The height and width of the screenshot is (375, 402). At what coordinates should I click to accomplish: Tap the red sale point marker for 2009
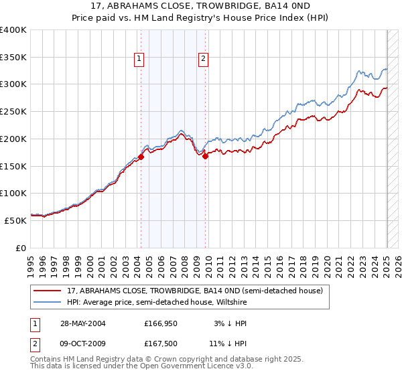[x=206, y=157]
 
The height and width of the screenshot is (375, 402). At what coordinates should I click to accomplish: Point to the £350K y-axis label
[x=13, y=57]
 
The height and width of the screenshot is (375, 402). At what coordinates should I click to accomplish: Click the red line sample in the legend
[x=48, y=291]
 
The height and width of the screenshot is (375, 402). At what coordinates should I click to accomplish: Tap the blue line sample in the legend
[x=48, y=303]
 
